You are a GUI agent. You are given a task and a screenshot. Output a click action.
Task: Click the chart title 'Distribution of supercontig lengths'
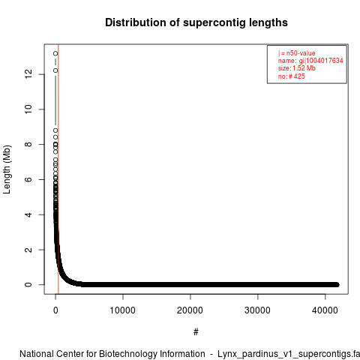pos(196,22)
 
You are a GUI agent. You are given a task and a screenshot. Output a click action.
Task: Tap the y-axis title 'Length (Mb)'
pos(7,169)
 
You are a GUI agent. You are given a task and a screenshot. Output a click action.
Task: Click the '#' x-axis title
pos(196,332)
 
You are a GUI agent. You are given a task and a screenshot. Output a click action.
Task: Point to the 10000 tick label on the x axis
pos(123,310)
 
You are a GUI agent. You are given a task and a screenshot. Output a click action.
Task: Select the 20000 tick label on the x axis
pos(190,310)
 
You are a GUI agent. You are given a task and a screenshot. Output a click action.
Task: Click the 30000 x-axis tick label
pos(257,310)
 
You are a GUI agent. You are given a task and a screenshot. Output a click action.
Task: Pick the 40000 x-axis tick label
pos(325,310)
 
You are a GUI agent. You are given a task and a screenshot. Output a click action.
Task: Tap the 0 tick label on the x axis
pos(55,310)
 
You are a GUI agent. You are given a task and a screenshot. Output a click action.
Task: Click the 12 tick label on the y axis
pos(28,74)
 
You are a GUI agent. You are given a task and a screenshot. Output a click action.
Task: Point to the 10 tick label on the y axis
pos(28,109)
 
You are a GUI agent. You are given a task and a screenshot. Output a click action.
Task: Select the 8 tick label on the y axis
pos(28,144)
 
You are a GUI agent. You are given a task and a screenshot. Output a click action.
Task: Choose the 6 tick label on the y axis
pos(28,179)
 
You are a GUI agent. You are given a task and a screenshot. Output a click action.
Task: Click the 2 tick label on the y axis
pos(28,250)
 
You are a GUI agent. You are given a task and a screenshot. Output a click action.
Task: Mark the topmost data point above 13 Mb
pos(55,53)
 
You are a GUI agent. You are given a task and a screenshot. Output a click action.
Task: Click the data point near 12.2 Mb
pos(55,70)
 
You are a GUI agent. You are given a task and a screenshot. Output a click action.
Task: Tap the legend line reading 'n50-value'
pos(297,53)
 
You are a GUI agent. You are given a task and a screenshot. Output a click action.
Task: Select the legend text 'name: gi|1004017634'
pos(310,61)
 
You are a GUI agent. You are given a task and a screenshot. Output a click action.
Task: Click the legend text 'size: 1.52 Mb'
pos(297,68)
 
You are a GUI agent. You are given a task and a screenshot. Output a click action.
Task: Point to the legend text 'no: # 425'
pos(292,76)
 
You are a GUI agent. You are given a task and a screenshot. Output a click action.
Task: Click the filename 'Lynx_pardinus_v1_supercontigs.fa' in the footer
pos(289,354)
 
